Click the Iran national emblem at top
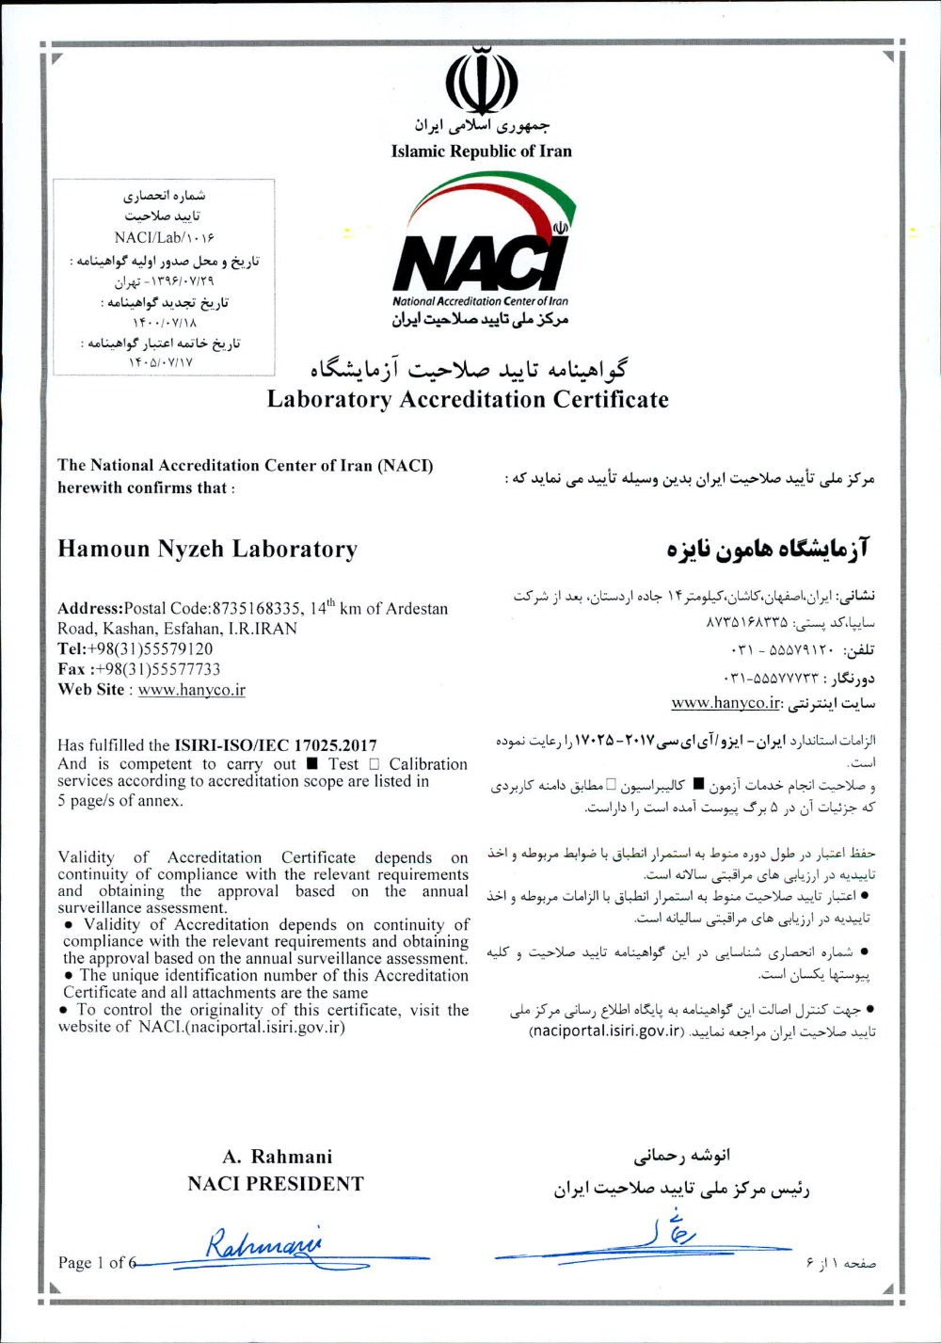(x=481, y=79)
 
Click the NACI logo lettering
(x=481, y=263)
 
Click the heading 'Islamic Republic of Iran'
(x=481, y=151)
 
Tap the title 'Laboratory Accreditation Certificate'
(x=468, y=399)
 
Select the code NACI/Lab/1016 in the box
(x=164, y=237)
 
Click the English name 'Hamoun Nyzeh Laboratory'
(x=207, y=549)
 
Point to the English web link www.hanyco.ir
(x=191, y=690)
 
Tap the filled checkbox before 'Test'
(x=311, y=763)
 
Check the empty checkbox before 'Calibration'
(x=375, y=763)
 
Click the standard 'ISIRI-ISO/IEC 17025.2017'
(x=276, y=745)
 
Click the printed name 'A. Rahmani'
(x=277, y=1157)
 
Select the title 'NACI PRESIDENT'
(x=275, y=1184)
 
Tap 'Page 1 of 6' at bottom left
(x=97, y=1263)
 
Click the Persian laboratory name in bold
(x=768, y=548)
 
